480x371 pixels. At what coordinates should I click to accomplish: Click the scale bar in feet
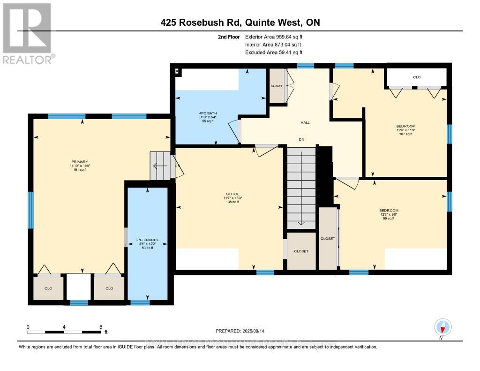[x=64, y=332]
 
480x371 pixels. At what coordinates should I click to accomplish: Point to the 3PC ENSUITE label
[x=148, y=243]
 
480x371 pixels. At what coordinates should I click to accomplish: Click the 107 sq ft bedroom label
[x=405, y=130]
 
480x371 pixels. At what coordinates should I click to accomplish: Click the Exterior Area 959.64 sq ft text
[x=277, y=37]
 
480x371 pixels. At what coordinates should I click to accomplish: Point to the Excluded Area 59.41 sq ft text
[x=277, y=53]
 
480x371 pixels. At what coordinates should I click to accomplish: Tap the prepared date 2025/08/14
[x=240, y=331]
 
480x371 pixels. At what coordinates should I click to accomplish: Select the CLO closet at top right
[x=416, y=77]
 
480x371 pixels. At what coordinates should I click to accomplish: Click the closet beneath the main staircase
[x=301, y=251]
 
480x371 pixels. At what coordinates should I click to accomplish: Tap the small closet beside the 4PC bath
[x=277, y=86]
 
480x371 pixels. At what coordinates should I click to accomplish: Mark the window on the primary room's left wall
[x=30, y=210]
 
